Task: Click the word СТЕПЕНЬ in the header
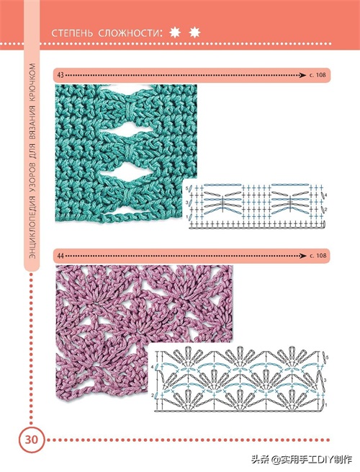pyautogui.click(x=72, y=33)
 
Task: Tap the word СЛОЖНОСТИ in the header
pyautogui.click(x=130, y=33)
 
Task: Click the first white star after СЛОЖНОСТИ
pyautogui.click(x=175, y=32)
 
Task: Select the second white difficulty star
pyautogui.click(x=194, y=32)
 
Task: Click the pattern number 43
pyautogui.click(x=60, y=75)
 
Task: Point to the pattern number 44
pyautogui.click(x=60, y=256)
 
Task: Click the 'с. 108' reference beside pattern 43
pyautogui.click(x=318, y=75)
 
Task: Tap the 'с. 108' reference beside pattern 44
pyautogui.click(x=318, y=256)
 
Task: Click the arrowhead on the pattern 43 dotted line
pyautogui.click(x=303, y=75)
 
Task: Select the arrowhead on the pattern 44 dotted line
pyautogui.click(x=303, y=256)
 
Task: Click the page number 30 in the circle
pyautogui.click(x=31, y=440)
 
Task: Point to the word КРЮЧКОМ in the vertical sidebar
pyautogui.click(x=32, y=81)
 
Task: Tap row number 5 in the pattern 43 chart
pyautogui.click(x=186, y=188)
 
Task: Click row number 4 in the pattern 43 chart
pyautogui.click(x=325, y=195)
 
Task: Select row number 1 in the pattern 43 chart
pyautogui.click(x=186, y=216)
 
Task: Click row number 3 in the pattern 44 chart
pyautogui.click(x=326, y=380)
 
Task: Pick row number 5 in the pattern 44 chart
pyautogui.click(x=327, y=357)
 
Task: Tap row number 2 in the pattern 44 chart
pyautogui.click(x=152, y=395)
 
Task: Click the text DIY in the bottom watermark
pyautogui.click(x=325, y=460)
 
